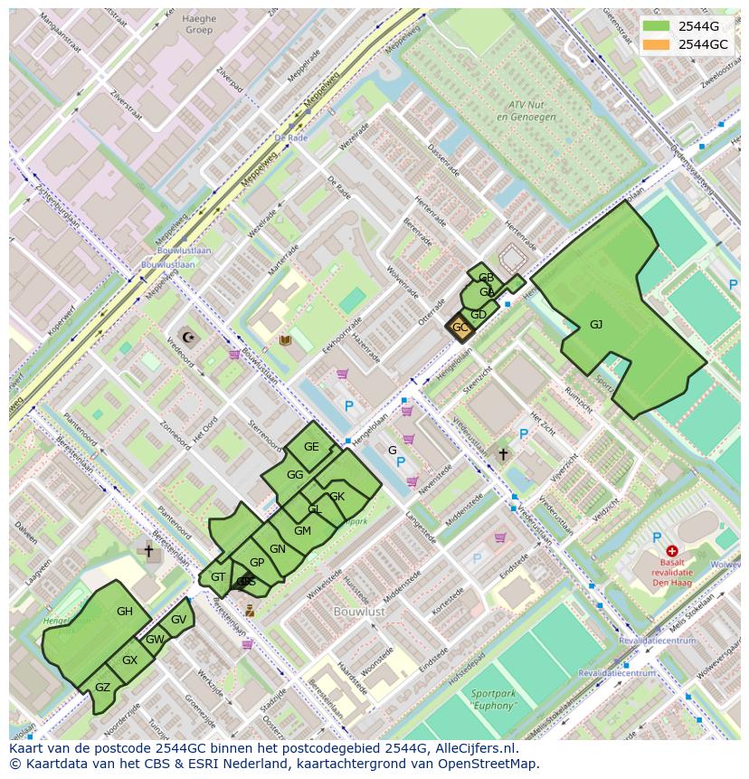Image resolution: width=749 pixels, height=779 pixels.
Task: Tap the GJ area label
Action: (x=596, y=324)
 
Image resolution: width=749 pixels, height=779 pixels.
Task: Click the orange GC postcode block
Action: (x=460, y=328)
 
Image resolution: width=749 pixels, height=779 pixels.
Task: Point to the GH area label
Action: (x=125, y=612)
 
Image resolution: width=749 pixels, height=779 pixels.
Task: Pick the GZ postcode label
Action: (x=102, y=688)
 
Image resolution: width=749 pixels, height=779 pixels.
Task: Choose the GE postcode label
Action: (x=311, y=447)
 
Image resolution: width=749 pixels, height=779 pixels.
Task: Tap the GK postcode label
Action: (x=337, y=497)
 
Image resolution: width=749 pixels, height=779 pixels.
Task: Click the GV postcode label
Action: (x=178, y=620)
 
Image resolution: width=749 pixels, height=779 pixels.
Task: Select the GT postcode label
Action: (x=218, y=577)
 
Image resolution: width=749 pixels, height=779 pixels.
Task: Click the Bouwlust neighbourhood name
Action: (x=359, y=612)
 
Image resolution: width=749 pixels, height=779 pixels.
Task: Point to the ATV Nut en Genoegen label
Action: (x=525, y=110)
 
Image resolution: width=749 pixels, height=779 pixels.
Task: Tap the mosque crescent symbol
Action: (x=189, y=337)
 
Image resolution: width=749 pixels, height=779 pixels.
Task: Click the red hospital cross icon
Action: (x=671, y=550)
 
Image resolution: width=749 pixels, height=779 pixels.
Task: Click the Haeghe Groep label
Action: (x=199, y=24)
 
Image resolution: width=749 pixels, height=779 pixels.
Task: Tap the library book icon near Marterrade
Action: (x=286, y=341)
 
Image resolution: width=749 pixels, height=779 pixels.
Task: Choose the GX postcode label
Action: (x=129, y=660)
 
